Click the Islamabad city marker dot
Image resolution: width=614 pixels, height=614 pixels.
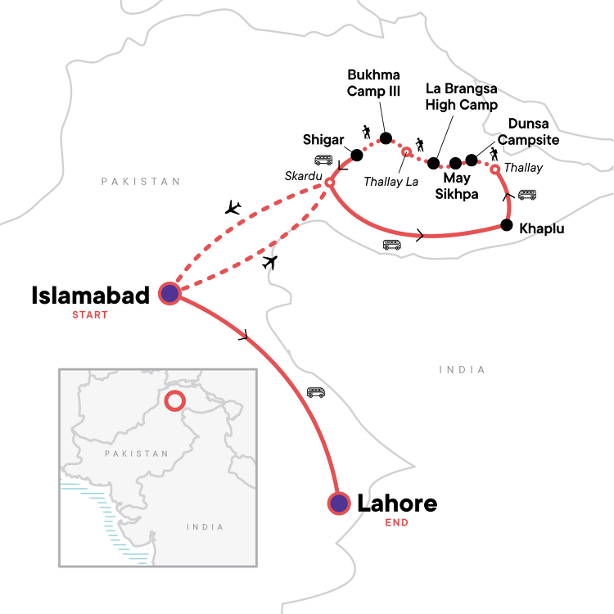(x=169, y=293)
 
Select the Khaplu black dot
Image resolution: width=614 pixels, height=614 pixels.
(x=507, y=225)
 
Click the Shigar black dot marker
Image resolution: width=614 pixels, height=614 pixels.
(x=357, y=155)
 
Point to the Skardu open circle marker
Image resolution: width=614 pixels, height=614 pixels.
(x=329, y=183)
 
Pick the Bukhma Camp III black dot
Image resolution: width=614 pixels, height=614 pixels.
(x=386, y=138)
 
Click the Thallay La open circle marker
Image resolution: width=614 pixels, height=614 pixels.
(x=406, y=151)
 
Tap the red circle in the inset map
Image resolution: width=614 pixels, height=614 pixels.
(x=174, y=400)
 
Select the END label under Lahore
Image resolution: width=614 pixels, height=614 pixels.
(x=397, y=521)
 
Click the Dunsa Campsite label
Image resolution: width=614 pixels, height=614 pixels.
(x=534, y=132)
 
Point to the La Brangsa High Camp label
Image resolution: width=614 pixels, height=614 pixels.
(x=462, y=97)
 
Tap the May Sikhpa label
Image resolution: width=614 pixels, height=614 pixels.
(x=461, y=185)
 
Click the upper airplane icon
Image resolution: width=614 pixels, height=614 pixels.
(x=233, y=207)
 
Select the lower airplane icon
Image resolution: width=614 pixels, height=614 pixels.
(x=269, y=262)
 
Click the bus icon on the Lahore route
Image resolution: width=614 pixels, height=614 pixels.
(x=316, y=392)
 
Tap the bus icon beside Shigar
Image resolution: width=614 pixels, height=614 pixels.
(x=323, y=160)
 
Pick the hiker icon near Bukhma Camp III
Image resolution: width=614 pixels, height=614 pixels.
(x=366, y=131)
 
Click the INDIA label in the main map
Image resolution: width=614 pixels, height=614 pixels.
(x=462, y=370)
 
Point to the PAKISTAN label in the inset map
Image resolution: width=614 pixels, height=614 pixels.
(x=137, y=453)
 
